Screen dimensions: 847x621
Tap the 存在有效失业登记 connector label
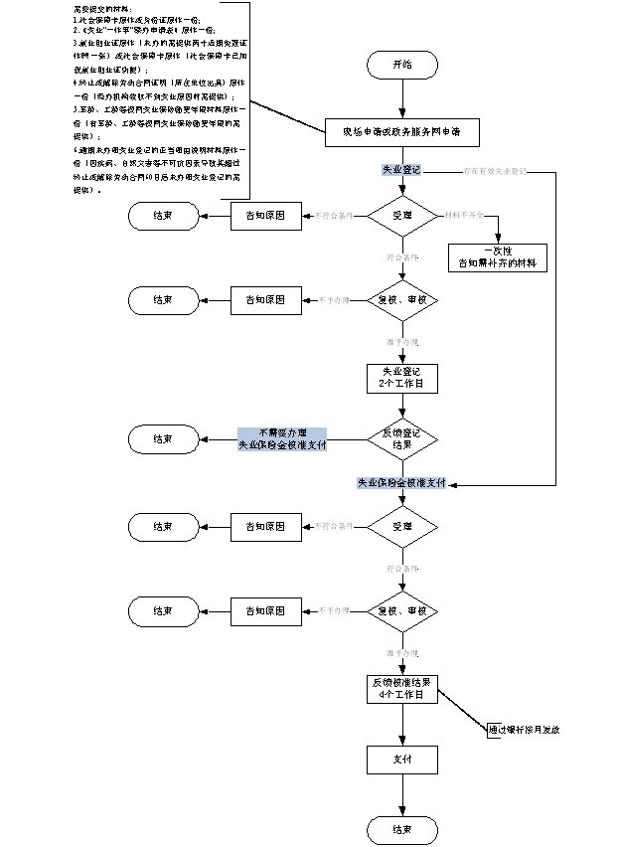point(494,171)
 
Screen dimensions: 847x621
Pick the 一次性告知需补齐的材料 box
point(496,257)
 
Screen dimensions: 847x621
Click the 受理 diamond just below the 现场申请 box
point(402,215)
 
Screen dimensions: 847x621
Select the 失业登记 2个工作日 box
point(401,377)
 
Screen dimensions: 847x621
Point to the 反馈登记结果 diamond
point(402,437)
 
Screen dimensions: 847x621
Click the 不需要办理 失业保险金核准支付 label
point(282,438)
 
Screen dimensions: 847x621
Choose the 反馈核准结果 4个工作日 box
point(401,689)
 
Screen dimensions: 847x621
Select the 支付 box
point(401,761)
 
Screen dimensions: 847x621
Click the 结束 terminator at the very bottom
point(401,829)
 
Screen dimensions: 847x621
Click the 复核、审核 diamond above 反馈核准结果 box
point(402,609)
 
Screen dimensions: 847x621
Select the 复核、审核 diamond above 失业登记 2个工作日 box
point(402,299)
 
